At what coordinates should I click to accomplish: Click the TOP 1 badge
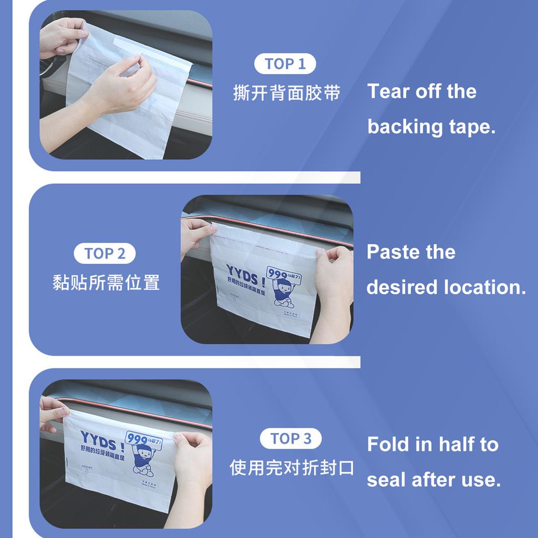point(285,64)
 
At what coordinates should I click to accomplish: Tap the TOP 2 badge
point(105,254)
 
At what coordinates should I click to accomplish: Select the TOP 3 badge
point(291,439)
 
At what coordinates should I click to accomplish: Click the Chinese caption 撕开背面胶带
point(287,93)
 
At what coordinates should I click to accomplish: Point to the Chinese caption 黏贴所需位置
point(106,283)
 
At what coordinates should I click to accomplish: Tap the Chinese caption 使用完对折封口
point(292,467)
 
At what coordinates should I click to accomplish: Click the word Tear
point(389,91)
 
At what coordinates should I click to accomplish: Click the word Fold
point(388,444)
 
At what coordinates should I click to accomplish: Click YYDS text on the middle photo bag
point(245,273)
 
